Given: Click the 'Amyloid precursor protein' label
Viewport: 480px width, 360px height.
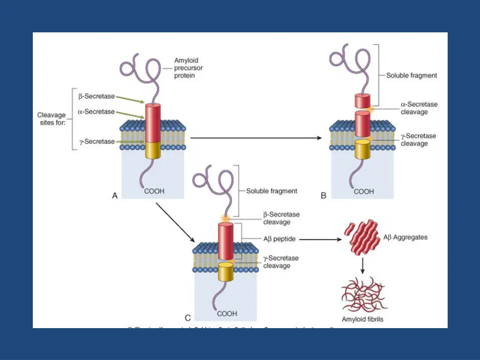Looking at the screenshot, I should point(187,68).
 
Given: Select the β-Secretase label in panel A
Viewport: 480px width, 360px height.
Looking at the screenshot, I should point(97,97).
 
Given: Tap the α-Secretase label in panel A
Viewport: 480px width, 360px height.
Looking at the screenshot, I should point(97,112).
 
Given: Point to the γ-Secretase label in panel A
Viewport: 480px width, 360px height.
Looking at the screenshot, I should point(97,142).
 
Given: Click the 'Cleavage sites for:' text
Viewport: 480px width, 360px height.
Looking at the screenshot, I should point(52,119).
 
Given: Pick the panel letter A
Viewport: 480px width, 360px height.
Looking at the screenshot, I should point(115,196).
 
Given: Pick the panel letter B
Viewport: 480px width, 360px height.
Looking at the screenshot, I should point(323,196).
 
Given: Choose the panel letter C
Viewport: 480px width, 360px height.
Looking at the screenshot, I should point(188,318).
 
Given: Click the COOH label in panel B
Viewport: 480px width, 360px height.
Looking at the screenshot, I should point(364,192).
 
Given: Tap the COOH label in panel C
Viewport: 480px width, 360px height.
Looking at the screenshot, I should point(227,314).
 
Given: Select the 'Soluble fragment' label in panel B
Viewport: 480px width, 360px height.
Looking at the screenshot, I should point(412,75).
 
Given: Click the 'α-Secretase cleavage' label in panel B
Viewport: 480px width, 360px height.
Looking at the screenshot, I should point(419,108).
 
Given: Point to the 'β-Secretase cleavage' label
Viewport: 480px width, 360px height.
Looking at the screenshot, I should point(281,218).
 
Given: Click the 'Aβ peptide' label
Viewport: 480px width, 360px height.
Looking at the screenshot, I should point(279,239).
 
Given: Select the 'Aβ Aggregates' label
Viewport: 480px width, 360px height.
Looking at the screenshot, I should point(405,237).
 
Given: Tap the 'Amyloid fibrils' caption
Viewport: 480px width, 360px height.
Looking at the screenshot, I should point(362,320).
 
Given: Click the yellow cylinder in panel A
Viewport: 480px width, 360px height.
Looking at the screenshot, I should point(153,150).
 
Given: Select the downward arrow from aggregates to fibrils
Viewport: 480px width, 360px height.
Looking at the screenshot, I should point(362,266).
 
